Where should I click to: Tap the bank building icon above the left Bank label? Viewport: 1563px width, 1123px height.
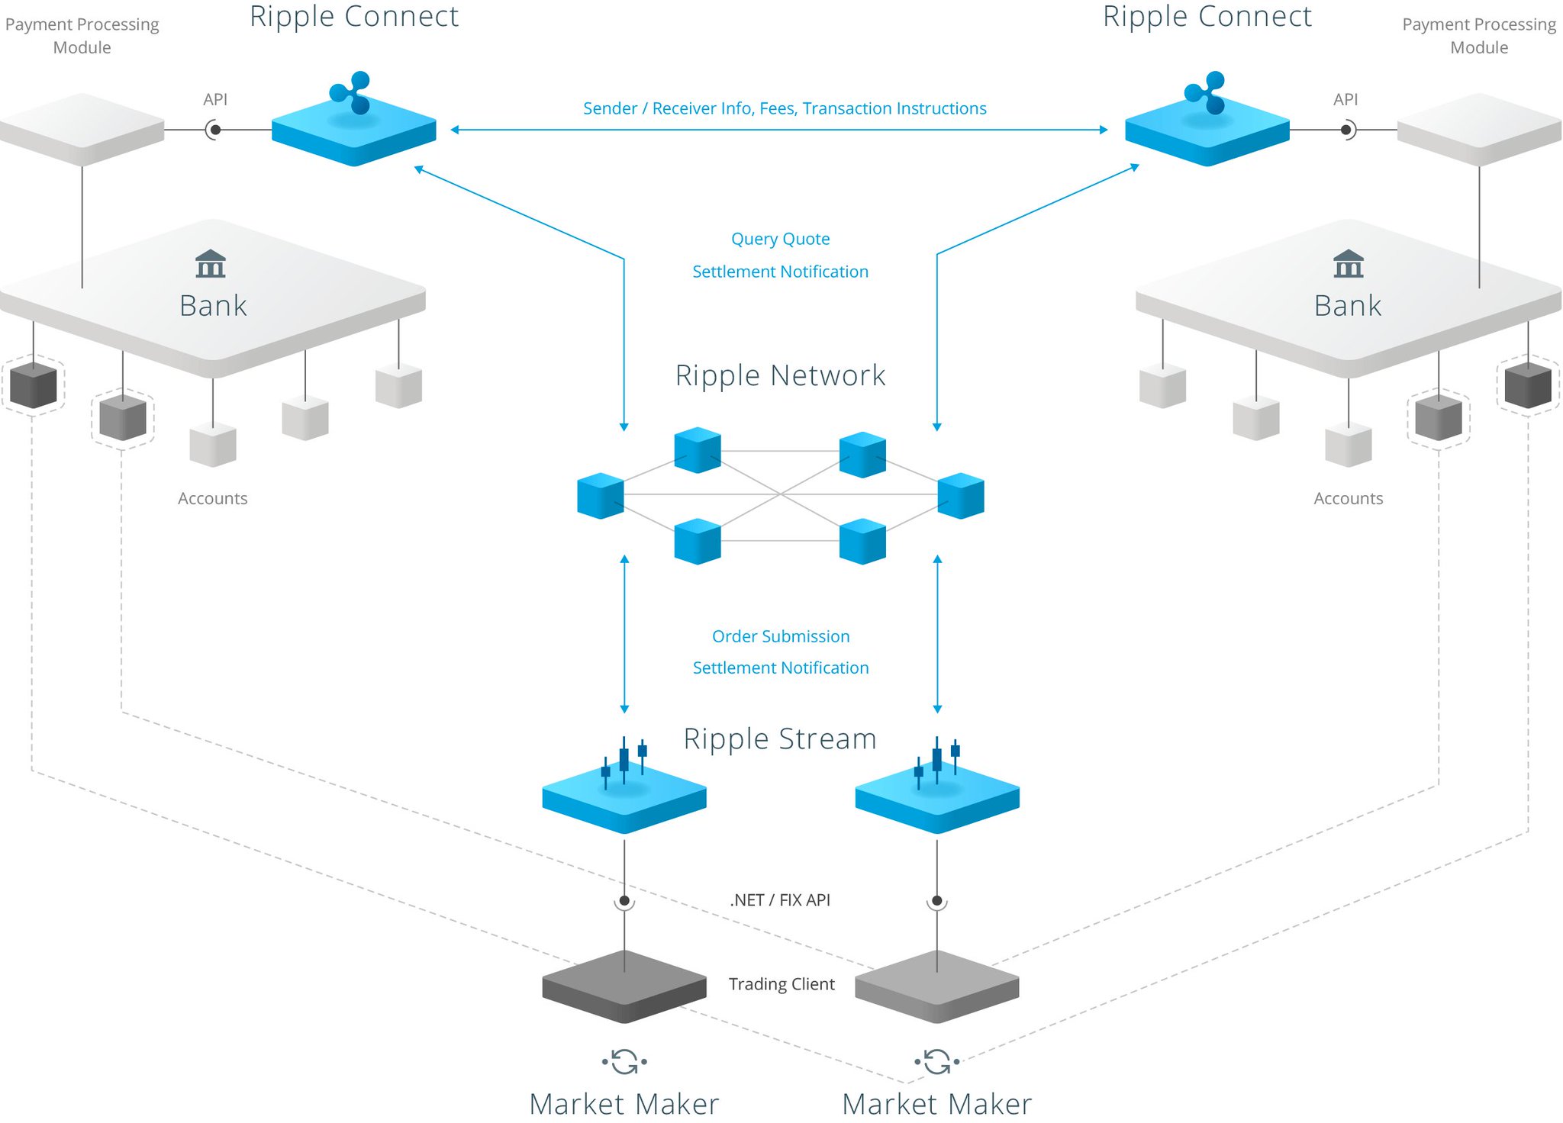[211, 263]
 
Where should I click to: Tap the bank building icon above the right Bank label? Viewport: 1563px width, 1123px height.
[1349, 263]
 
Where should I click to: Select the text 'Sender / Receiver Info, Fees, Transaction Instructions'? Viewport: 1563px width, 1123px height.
[785, 108]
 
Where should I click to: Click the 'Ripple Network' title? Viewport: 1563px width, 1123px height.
[780, 375]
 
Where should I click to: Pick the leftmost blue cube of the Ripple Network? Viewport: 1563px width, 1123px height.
[601, 496]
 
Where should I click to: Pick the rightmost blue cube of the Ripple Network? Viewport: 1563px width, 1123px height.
[961, 496]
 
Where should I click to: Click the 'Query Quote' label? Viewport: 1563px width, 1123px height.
[780, 239]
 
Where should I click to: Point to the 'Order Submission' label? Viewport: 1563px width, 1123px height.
[781, 636]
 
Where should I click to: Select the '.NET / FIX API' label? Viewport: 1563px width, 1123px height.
[780, 900]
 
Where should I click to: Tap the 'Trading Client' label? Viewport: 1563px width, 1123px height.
[781, 984]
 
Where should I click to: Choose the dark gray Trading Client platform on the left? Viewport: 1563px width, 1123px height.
[624, 986]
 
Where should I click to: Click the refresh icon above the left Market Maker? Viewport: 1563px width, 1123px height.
[624, 1061]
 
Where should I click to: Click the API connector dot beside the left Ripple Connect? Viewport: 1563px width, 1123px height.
[215, 130]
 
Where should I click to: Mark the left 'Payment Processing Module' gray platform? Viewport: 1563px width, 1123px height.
[82, 130]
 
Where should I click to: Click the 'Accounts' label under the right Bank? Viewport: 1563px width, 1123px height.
[1349, 498]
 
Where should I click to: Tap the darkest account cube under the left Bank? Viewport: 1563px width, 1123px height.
[34, 385]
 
